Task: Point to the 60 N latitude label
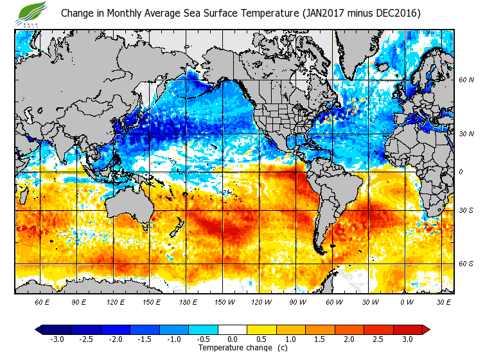[466, 80]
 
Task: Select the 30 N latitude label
[466, 134]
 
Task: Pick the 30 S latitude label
[466, 210]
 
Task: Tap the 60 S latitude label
[466, 264]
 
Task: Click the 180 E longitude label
[188, 301]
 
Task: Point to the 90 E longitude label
[78, 301]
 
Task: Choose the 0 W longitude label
[406, 301]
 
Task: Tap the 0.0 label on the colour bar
[233, 339]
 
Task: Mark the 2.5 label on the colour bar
[378, 339]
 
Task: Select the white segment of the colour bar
[233, 330]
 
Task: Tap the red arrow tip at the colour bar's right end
[426, 330]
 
